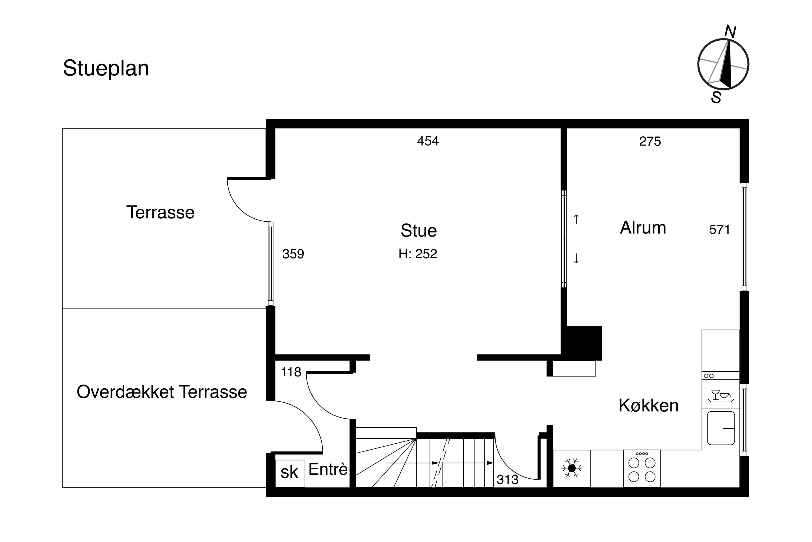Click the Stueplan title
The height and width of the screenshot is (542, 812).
(x=106, y=69)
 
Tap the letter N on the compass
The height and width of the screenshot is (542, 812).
(x=730, y=32)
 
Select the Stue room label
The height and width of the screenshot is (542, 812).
(x=418, y=231)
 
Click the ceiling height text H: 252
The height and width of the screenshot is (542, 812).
(x=418, y=254)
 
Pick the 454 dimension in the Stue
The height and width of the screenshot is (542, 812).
(x=428, y=141)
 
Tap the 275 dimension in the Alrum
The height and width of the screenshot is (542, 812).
(x=650, y=141)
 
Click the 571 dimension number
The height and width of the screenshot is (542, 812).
(x=719, y=230)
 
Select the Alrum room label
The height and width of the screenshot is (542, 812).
(x=643, y=228)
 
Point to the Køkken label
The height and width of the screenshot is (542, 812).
(x=648, y=405)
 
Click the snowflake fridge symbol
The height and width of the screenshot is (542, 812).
(x=572, y=468)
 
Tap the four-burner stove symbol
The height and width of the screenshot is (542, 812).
(x=642, y=468)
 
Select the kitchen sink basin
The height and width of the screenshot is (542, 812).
(x=721, y=428)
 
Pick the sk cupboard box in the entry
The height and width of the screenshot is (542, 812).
(x=290, y=473)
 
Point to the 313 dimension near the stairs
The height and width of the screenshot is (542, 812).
(x=507, y=480)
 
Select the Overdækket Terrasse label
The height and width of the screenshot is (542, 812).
(x=162, y=392)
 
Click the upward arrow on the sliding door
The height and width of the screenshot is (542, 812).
(x=576, y=219)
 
